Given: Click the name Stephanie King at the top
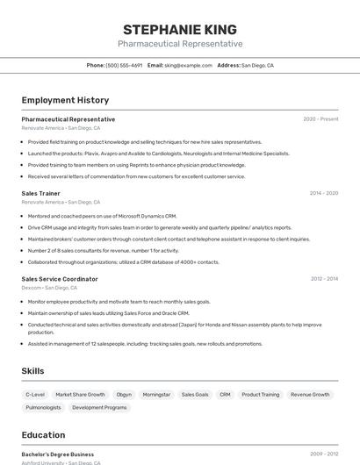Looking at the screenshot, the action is coord(180,29).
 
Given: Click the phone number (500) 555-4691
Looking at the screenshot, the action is coord(124,65).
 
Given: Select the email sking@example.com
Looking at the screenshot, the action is coord(189,65).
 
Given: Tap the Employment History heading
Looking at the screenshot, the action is coord(65,100).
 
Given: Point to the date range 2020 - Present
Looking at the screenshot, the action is coord(320,119).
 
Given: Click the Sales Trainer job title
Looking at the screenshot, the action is coord(40,193).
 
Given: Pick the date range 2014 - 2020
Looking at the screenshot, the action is coord(323,193).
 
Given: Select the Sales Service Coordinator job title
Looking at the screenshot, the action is coord(60,279).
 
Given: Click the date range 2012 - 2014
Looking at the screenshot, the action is coord(323,279).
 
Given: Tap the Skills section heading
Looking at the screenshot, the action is coord(32,371).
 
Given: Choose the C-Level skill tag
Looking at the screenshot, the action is coord(35,395).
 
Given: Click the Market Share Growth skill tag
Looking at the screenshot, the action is coord(80,395).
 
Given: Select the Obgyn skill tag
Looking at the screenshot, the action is coord(124,395).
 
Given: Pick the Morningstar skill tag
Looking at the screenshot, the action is coord(156,395).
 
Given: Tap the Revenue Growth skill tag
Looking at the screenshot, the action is coord(310,395).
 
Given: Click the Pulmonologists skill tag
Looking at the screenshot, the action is coord(43,407).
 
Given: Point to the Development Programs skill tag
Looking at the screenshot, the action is coord(99,407).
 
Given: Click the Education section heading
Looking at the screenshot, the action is coord(43,435).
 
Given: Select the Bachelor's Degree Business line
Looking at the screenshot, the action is coord(58,454).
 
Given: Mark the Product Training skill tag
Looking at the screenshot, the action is coord(260,395).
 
